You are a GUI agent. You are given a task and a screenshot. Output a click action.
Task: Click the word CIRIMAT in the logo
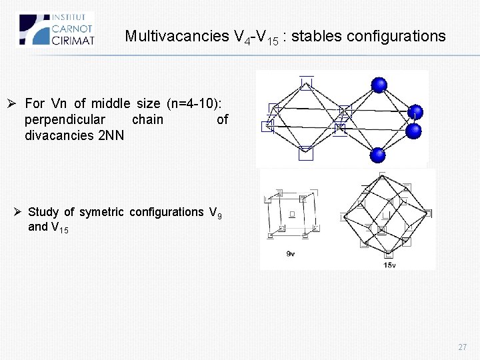73,39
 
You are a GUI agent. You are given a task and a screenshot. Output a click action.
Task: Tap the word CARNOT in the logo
73,29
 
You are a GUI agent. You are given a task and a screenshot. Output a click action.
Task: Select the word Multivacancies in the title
176,37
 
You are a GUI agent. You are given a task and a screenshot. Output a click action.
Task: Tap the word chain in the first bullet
147,119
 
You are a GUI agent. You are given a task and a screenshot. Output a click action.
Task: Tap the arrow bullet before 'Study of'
19,212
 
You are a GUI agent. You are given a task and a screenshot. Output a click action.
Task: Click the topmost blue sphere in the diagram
379,85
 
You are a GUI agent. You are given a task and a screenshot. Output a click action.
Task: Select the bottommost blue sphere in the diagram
378,155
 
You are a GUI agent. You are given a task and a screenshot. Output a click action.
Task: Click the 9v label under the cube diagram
291,254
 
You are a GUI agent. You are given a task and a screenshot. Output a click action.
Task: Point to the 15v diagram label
390,265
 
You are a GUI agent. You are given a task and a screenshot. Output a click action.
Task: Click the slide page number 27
462,347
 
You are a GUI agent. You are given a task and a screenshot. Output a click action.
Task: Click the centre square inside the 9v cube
292,214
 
